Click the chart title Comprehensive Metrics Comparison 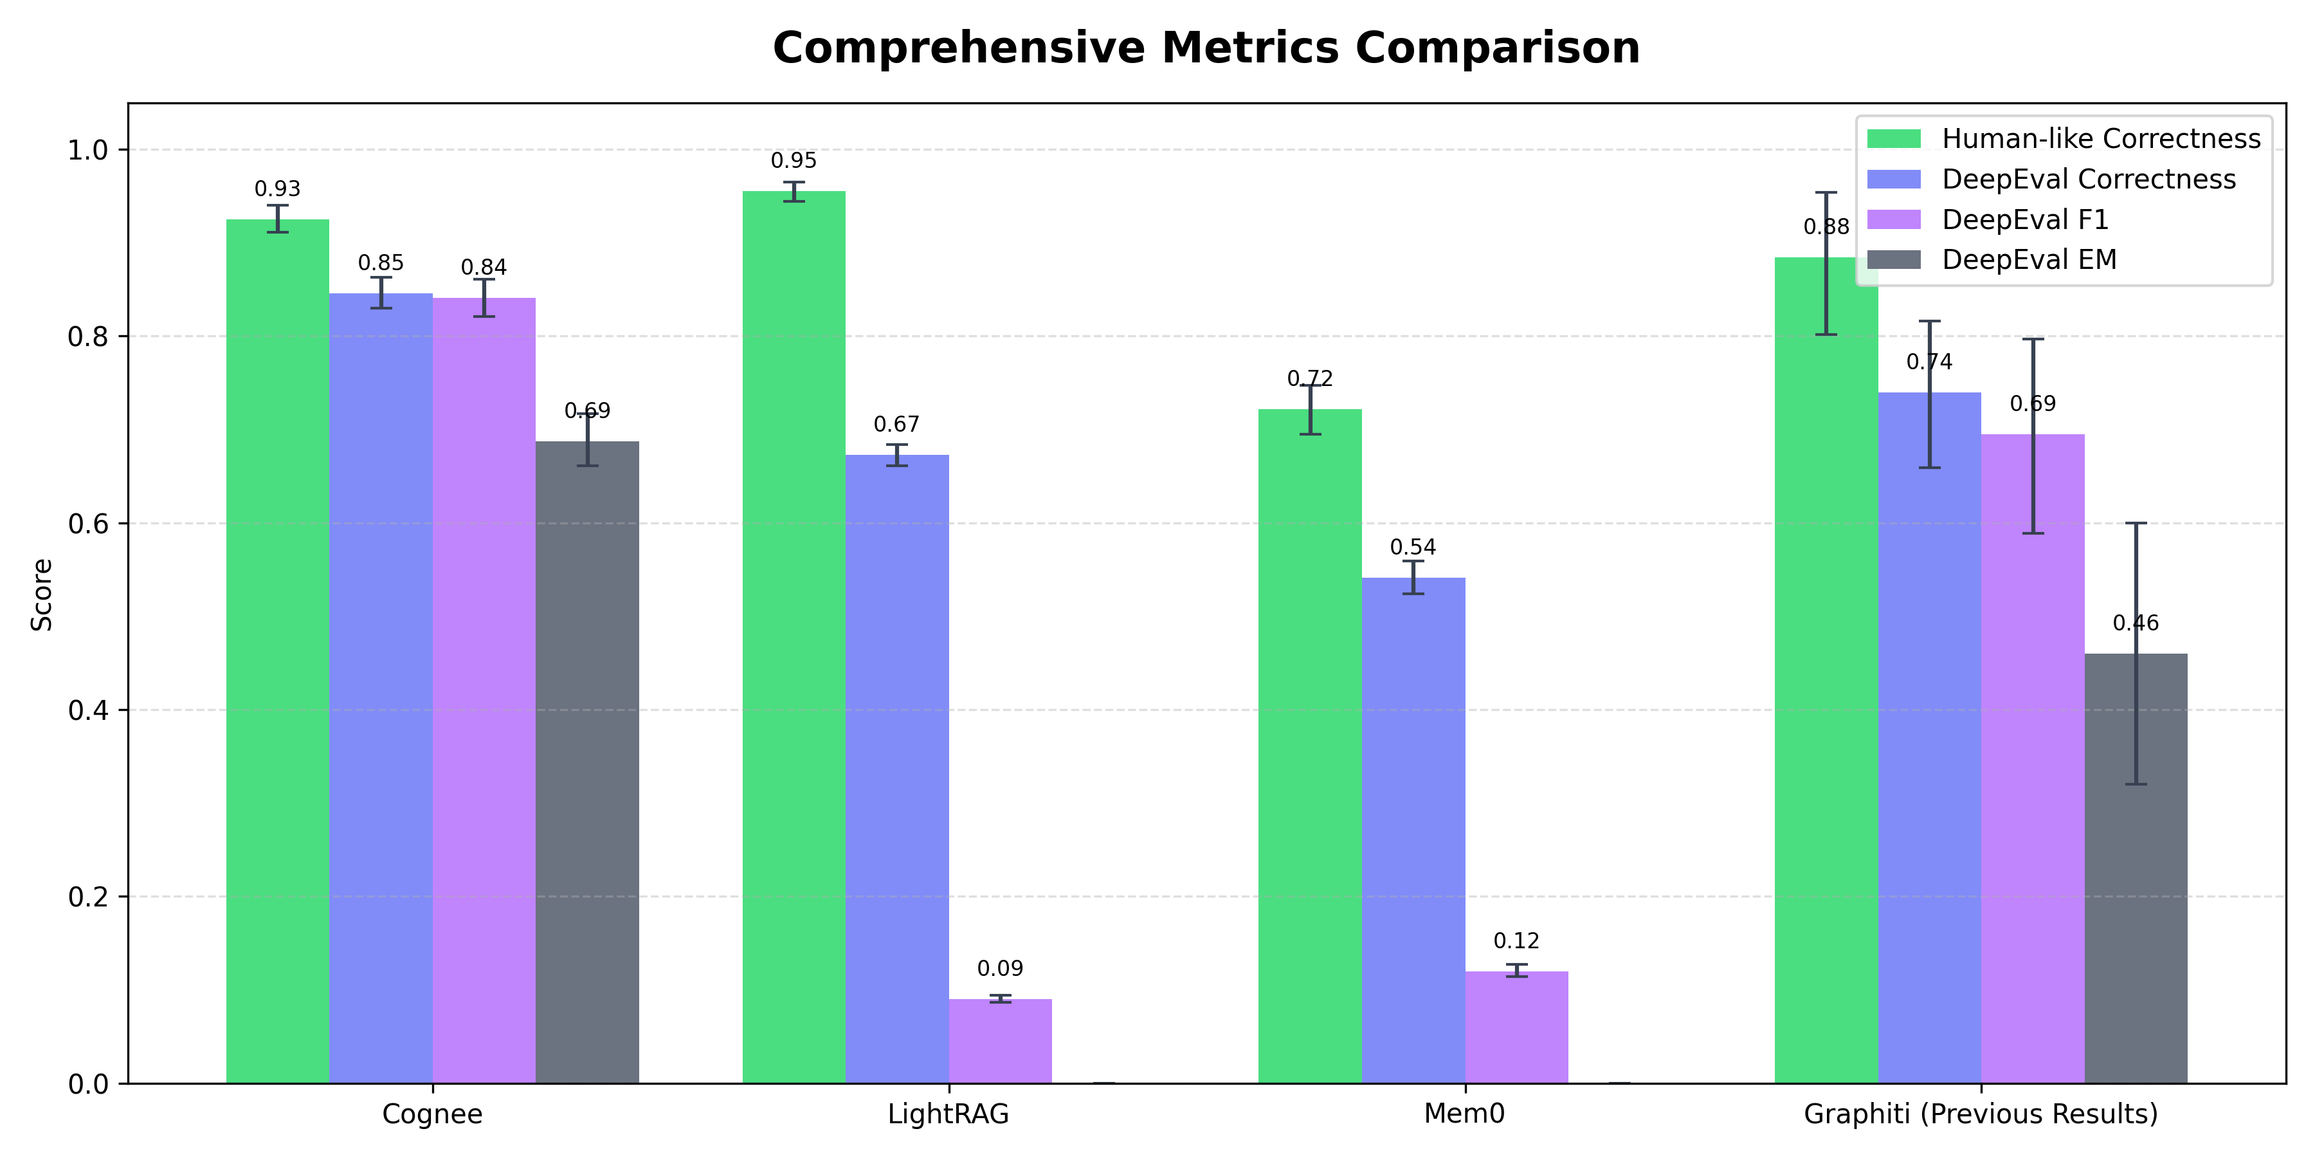point(1206,48)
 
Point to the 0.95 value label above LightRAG point(794,161)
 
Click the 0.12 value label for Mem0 point(1516,941)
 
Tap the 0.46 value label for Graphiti point(2135,623)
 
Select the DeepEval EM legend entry point(2028,260)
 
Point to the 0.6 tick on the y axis point(87,523)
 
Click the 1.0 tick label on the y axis point(87,150)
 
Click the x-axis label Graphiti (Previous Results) point(1980,1114)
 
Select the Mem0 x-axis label point(1464,1114)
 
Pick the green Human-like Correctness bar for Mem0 point(1309,746)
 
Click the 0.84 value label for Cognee point(484,268)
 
